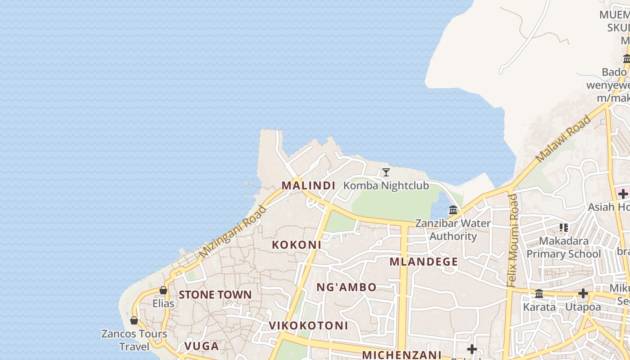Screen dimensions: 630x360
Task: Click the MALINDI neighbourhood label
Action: tap(308, 185)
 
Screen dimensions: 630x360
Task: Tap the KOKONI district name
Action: tap(296, 245)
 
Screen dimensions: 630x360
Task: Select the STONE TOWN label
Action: tap(215, 295)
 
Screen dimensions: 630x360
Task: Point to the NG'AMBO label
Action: tap(346, 287)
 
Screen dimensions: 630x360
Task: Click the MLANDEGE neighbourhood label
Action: tap(423, 262)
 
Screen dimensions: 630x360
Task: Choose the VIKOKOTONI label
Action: tap(308, 325)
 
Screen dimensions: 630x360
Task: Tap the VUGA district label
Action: tap(201, 346)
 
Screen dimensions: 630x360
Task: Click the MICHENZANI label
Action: tap(401, 355)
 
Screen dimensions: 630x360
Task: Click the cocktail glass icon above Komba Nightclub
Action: tap(386, 172)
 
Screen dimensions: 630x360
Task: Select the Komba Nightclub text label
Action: tap(386, 185)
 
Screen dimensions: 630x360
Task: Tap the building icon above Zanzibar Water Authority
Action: tap(453, 210)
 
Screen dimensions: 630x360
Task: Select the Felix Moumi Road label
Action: tap(513, 241)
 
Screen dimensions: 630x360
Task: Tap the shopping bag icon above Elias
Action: tap(163, 291)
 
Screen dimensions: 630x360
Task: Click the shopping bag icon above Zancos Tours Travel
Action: tap(134, 320)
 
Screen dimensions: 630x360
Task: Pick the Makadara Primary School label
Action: tap(563, 247)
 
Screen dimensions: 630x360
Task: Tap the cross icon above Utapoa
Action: tap(583, 294)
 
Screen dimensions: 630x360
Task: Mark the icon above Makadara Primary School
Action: tap(563, 228)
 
